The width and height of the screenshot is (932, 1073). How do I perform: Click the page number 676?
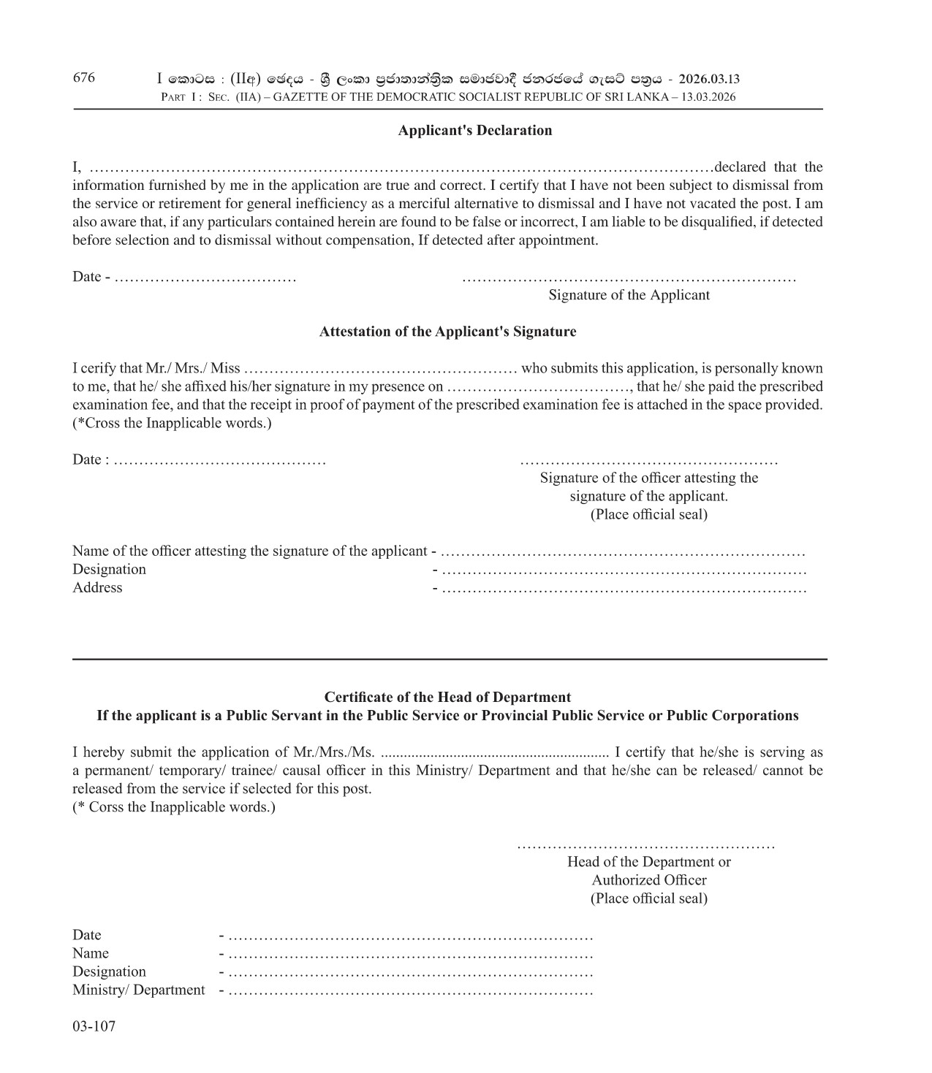[x=84, y=78]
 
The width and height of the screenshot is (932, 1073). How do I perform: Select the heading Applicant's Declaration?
[x=474, y=131]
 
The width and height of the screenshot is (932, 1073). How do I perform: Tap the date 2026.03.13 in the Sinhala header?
[x=708, y=79]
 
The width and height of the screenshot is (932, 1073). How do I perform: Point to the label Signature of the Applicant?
[x=629, y=295]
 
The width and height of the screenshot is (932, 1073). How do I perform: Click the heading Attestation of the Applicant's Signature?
[x=447, y=332]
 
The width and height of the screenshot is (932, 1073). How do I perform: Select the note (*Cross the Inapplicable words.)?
[x=172, y=423]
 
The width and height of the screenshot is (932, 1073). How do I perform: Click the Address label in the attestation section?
[x=97, y=588]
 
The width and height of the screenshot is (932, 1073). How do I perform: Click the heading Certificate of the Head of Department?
[x=447, y=697]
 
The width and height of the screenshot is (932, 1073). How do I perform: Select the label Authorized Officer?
[x=649, y=880]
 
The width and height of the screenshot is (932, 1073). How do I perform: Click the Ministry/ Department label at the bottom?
[x=138, y=990]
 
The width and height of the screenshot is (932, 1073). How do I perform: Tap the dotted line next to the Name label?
[x=410, y=955]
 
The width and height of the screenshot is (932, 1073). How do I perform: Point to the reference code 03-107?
[x=94, y=1026]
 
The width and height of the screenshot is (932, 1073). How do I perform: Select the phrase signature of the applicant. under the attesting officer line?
[x=648, y=497]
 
